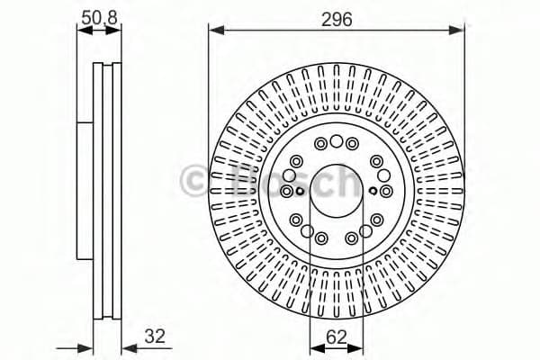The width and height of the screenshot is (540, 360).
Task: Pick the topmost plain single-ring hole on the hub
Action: pos(336,141)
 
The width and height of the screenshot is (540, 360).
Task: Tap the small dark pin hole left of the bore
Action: pos(300,190)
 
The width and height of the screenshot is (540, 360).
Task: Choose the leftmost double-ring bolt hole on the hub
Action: pos(287,191)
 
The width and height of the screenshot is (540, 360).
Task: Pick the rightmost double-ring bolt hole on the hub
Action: pos(384,191)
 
